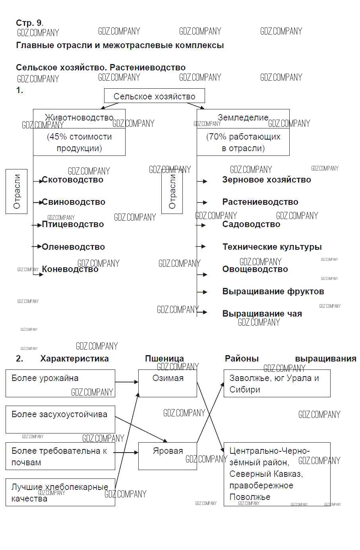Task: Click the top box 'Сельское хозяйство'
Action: [155, 96]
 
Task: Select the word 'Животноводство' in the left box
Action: [79, 118]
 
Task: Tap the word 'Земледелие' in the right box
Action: [243, 118]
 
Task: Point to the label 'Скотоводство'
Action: [72, 180]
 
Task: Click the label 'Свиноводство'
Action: [74, 202]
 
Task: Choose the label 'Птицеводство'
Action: [73, 224]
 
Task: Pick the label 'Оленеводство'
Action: [73, 247]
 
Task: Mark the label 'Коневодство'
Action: [70, 269]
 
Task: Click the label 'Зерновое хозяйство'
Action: [267, 180]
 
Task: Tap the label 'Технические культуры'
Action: [272, 247]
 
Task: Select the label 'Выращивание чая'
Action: [262, 314]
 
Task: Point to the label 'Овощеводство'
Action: [255, 269]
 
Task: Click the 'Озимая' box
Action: [168, 383]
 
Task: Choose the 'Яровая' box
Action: [168, 456]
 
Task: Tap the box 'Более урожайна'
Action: [60, 383]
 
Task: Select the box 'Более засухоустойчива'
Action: [60, 419]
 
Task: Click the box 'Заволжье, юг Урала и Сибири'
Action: [277, 383]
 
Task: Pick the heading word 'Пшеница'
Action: [165, 359]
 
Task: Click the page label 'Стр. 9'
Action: [29, 23]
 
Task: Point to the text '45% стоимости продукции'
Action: [79, 142]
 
